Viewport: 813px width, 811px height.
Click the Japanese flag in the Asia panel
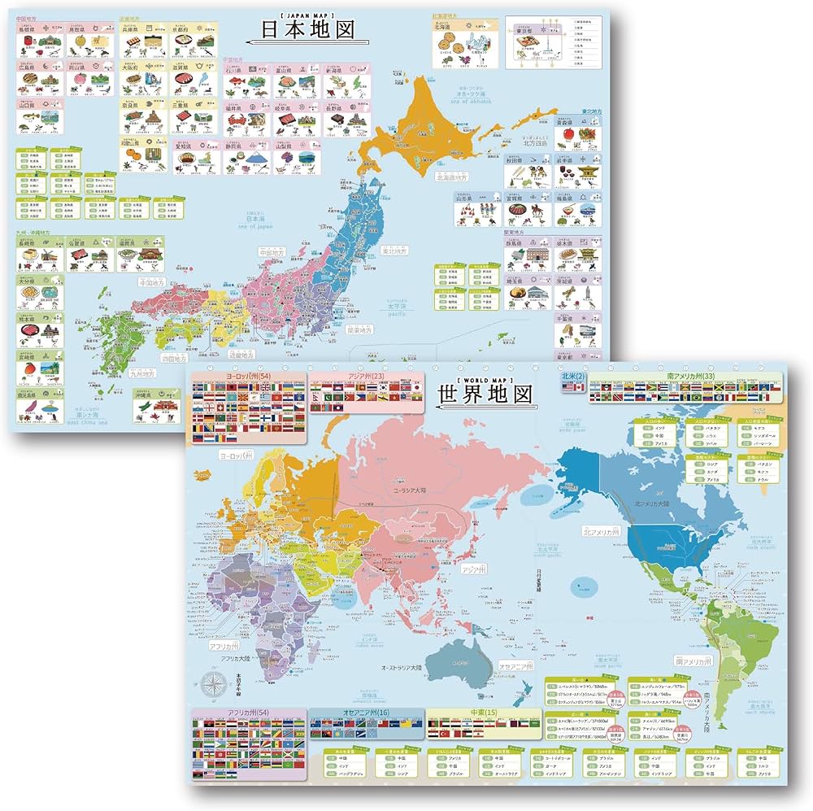point(415,391)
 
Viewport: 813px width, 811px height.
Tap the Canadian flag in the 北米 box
point(579,389)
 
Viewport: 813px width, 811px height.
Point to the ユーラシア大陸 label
point(412,491)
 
